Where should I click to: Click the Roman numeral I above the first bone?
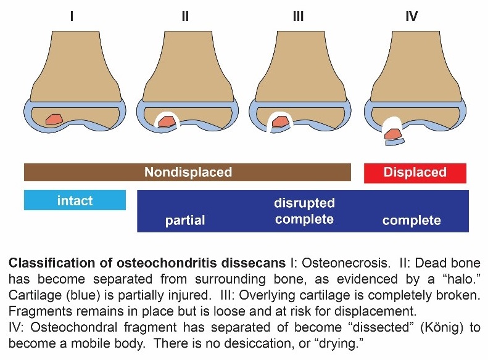point(72,16)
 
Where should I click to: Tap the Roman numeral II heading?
point(185,16)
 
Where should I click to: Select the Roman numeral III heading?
point(299,16)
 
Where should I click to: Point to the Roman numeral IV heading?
point(411,16)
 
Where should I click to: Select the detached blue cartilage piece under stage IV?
point(395,142)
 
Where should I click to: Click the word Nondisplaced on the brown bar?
point(188,173)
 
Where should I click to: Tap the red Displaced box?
point(415,173)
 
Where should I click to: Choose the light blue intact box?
point(75,200)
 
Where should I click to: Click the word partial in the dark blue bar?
point(185,220)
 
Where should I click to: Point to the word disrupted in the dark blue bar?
point(305,203)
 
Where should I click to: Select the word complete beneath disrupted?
point(305,219)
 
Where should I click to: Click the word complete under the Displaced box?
point(411,220)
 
